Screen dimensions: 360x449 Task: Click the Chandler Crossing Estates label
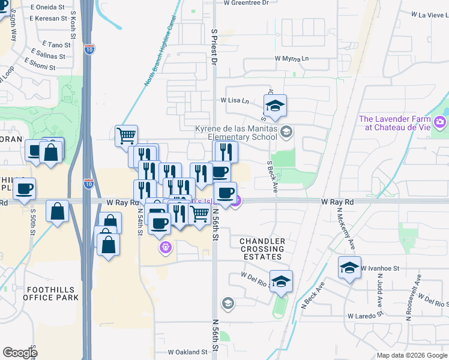click(262, 248)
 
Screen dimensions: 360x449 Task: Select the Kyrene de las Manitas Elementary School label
click(237, 132)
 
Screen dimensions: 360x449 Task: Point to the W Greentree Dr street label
click(246, 3)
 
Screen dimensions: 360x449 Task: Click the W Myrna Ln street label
click(291, 59)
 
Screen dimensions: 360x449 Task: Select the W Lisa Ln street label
click(234, 101)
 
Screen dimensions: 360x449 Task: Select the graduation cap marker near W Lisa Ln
click(276, 105)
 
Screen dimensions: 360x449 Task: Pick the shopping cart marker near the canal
click(126, 135)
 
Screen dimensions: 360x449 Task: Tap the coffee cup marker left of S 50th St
click(24, 188)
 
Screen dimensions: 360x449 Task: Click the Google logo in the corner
click(20, 353)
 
